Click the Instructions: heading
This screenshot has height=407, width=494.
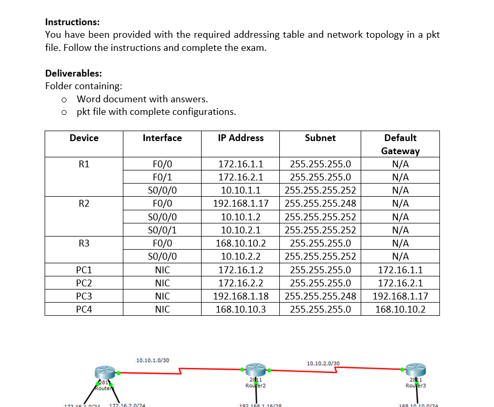[72, 22]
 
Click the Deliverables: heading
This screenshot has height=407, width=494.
[73, 73]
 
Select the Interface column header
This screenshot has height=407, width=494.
[162, 138]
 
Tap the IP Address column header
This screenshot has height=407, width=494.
[241, 138]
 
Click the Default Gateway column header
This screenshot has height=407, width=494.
[400, 144]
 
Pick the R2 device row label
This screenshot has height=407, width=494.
[84, 203]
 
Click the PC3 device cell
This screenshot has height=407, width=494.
[84, 296]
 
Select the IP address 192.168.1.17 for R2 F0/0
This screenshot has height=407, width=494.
[241, 203]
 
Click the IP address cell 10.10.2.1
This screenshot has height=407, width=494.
[241, 230]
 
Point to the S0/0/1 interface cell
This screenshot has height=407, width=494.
[162, 230]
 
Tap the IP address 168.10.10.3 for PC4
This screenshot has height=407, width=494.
[241, 309]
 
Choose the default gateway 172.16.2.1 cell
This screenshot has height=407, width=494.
[400, 283]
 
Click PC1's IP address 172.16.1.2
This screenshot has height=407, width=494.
[241, 270]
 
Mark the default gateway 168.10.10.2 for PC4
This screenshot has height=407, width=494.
[400, 309]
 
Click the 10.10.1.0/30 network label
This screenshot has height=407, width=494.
[153, 360]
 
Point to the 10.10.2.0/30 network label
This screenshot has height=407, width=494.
[323, 363]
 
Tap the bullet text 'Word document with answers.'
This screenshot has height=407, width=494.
[142, 99]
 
